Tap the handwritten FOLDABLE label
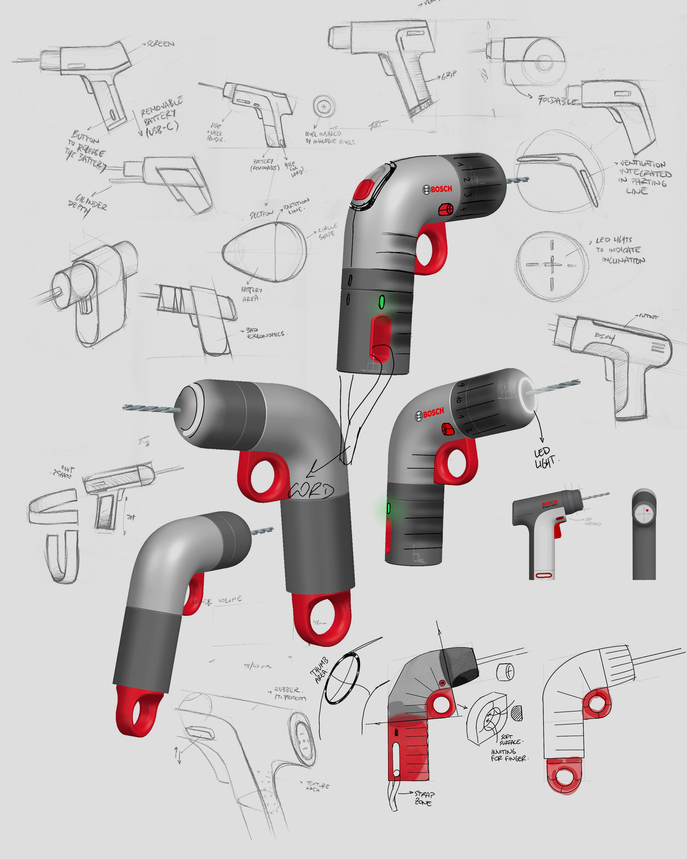coord(558,100)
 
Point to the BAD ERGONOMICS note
coord(265,333)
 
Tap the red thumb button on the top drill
coord(364,189)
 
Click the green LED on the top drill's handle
coord(382,302)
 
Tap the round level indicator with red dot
coord(644,513)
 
